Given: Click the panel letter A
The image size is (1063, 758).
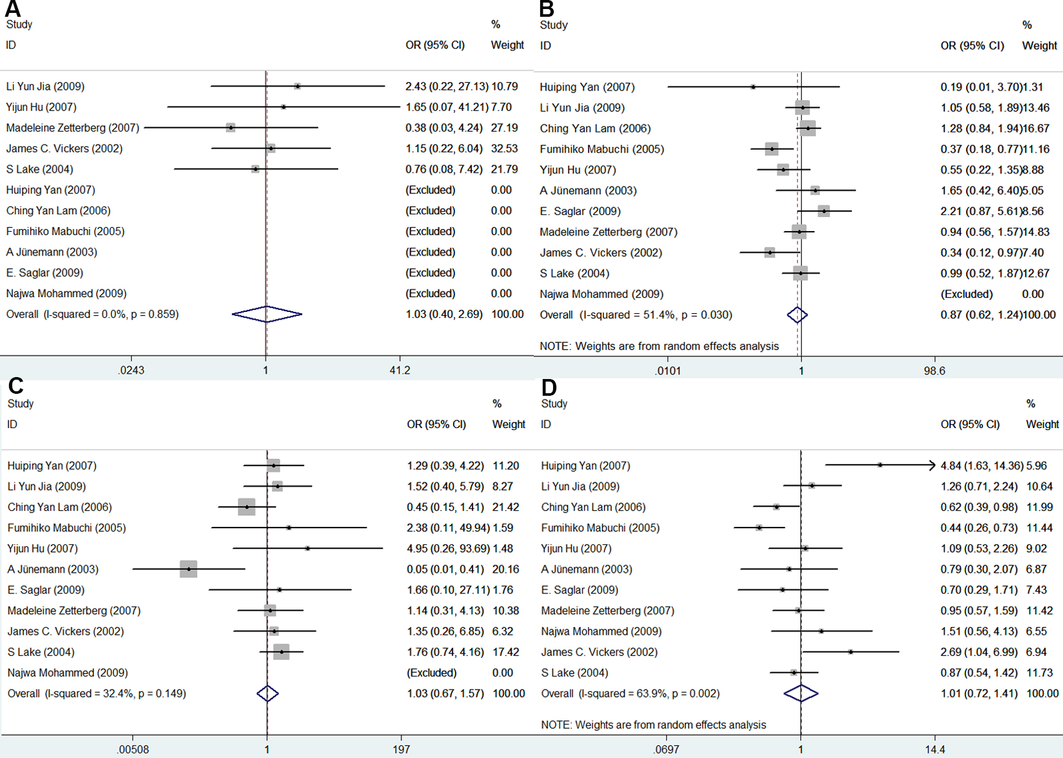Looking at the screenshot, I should coord(12,8).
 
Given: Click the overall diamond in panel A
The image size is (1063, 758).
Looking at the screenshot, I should coord(267,314).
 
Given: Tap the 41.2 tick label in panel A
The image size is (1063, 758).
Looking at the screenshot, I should coord(400,370).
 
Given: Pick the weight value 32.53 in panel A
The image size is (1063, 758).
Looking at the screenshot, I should coord(504,149).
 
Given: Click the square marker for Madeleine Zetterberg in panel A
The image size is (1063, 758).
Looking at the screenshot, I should coord(230,128).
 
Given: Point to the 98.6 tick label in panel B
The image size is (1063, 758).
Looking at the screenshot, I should coord(935,371).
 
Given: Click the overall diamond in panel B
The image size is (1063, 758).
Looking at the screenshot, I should coord(797,315).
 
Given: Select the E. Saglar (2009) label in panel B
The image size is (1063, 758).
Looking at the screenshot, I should coord(580,211).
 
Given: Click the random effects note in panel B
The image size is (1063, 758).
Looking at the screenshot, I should coord(659,346).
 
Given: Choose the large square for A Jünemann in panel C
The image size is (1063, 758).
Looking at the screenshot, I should coord(188,569).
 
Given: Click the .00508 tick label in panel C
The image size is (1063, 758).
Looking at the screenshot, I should coord(132,750).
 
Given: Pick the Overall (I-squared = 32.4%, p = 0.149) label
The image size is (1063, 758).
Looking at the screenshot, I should coord(97,693).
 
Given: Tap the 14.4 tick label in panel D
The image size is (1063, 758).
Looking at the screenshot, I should coord(935,750).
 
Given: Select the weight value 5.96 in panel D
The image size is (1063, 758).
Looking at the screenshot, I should coord(1037,466).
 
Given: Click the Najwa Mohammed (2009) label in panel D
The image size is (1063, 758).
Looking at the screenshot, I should coord(601,631).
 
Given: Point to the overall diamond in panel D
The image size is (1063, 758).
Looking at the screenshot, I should coord(801,693).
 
